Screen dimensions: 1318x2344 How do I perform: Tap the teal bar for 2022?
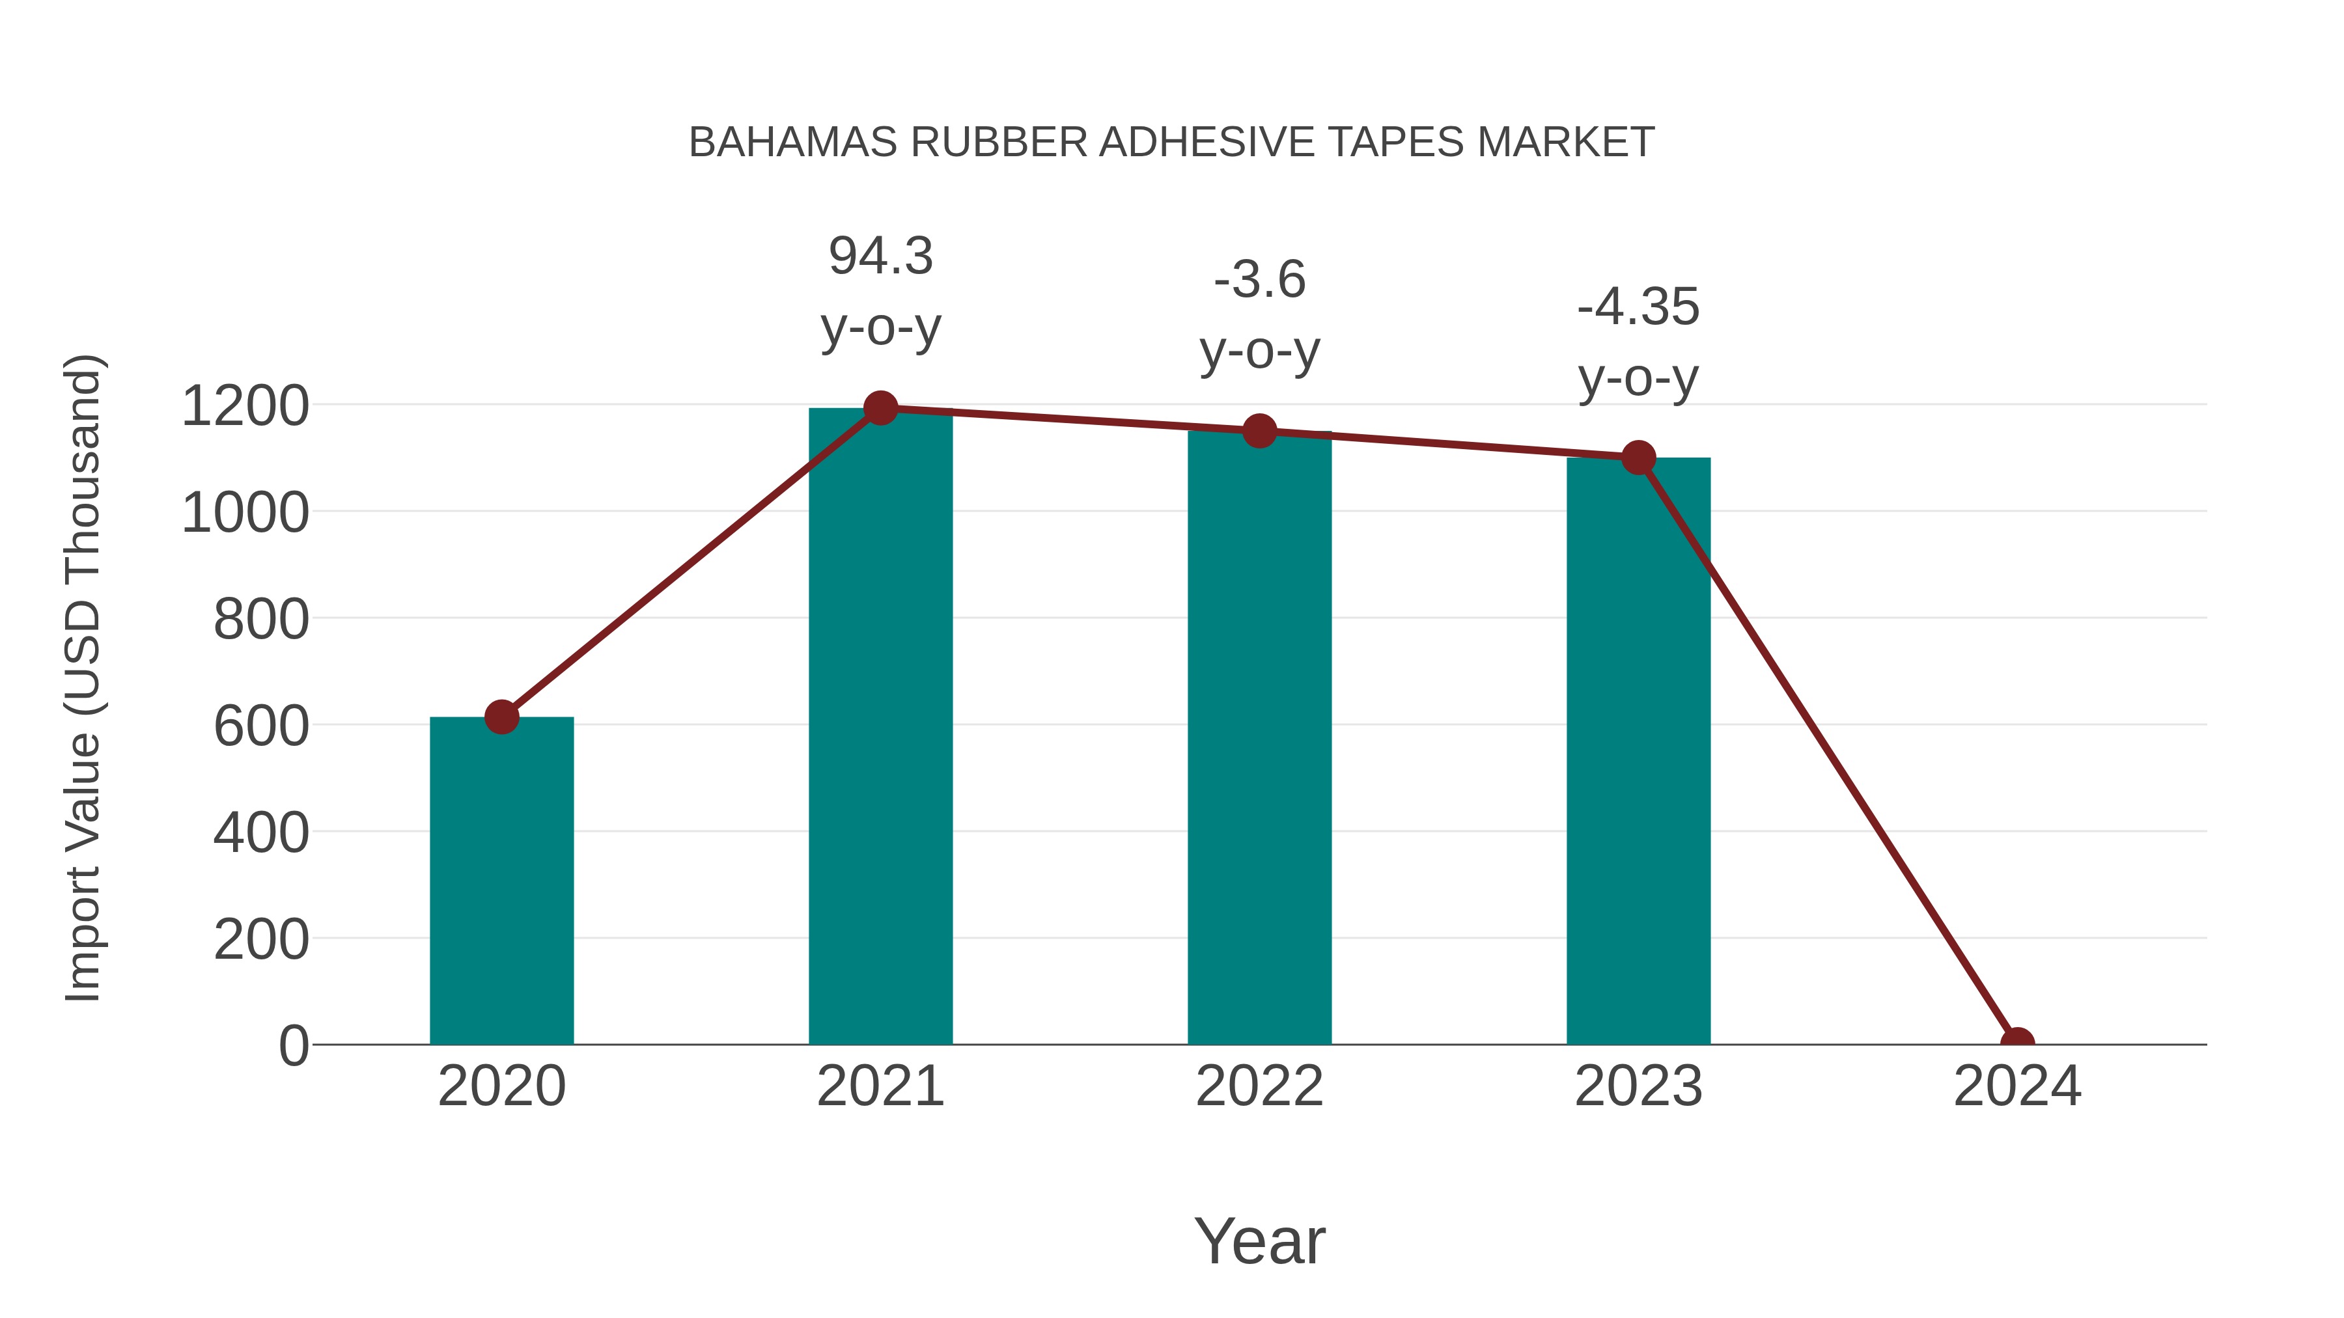pyautogui.click(x=1259, y=737)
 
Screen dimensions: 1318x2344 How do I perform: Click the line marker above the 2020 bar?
pyautogui.click(x=501, y=717)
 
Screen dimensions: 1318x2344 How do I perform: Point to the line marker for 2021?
pyautogui.click(x=880, y=408)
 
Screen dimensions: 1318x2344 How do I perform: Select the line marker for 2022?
pyautogui.click(x=1259, y=431)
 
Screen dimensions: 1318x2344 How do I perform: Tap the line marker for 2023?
pyautogui.click(x=1638, y=458)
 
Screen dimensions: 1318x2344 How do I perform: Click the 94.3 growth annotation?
pyautogui.click(x=880, y=256)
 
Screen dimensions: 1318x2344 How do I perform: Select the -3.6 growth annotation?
pyautogui.click(x=1259, y=280)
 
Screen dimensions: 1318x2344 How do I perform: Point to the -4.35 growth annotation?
pyautogui.click(x=1638, y=307)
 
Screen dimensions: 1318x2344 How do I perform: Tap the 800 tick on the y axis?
pyautogui.click(x=261, y=620)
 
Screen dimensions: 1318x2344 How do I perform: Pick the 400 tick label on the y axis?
pyautogui.click(x=261, y=833)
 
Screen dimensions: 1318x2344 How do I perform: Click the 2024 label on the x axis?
pyautogui.click(x=2017, y=1086)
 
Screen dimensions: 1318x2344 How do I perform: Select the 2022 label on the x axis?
pyautogui.click(x=1259, y=1086)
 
